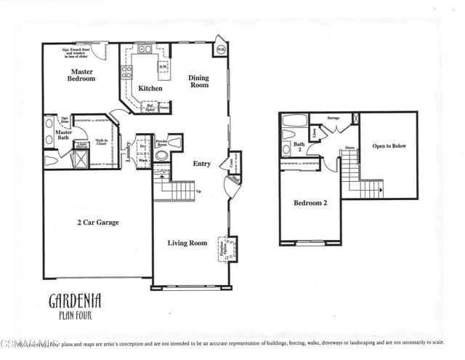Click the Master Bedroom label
82,75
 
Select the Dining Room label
198,81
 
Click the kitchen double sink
144,51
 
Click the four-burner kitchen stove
126,71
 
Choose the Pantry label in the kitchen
164,107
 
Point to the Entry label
201,164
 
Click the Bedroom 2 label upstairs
310,203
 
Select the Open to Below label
389,145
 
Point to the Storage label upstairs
333,116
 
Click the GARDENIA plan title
75,300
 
